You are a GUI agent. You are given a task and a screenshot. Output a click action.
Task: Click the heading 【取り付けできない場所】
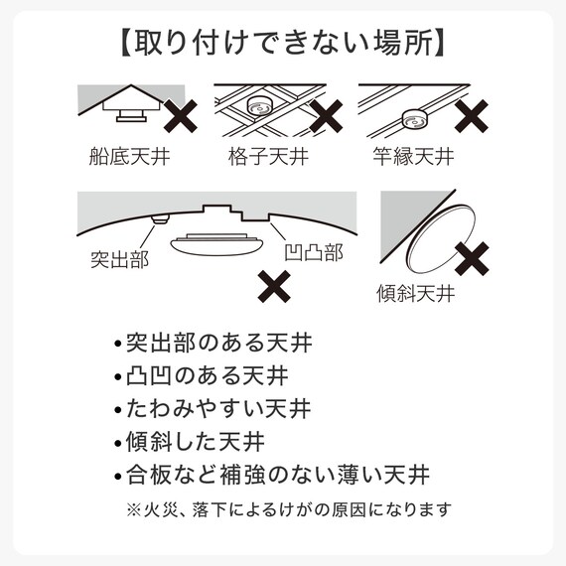click(x=283, y=44)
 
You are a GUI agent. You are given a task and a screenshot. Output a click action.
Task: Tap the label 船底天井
click(x=129, y=156)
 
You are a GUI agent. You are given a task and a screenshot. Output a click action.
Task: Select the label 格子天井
click(x=268, y=156)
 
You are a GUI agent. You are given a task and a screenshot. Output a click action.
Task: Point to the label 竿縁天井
click(x=413, y=156)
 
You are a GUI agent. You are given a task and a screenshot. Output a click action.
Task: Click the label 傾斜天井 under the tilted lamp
click(x=416, y=293)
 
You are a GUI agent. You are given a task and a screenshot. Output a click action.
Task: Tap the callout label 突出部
click(x=119, y=259)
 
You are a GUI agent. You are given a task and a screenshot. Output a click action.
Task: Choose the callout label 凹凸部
click(x=314, y=252)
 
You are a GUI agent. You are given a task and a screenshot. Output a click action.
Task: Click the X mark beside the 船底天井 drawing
click(x=181, y=116)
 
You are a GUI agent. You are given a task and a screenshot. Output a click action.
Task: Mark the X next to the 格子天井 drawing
click(x=326, y=116)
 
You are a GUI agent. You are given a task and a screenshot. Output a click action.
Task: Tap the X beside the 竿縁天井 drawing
click(x=472, y=116)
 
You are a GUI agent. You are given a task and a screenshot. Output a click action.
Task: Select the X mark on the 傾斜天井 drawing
click(x=472, y=259)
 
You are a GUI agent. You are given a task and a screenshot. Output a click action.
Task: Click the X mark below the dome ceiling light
click(x=274, y=286)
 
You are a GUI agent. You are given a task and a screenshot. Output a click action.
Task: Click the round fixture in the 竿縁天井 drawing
click(x=415, y=119)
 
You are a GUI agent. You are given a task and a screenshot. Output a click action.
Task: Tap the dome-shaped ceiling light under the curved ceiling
click(x=218, y=244)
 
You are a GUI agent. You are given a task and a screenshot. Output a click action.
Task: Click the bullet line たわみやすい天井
click(x=212, y=409)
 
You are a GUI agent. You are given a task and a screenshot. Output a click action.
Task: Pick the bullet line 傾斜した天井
click(x=190, y=442)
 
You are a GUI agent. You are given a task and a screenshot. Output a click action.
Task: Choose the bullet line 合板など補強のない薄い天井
click(x=272, y=475)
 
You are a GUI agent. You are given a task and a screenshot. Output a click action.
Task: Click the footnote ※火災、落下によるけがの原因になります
click(x=289, y=509)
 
